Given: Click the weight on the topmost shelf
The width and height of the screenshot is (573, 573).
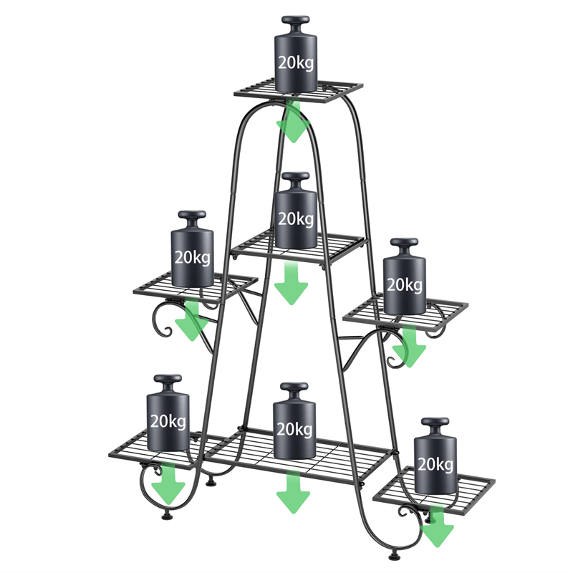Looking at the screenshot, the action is pos(296,54).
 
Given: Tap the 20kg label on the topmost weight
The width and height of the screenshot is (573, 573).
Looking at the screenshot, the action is pos(296,63).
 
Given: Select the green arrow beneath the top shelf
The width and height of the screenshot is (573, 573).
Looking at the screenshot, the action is pos(293,122).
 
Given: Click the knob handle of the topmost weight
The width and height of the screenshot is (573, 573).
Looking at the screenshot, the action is pos(296,24).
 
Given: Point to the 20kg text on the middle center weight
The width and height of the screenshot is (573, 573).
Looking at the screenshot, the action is pos(296,219).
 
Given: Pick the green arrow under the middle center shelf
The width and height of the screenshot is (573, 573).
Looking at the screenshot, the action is pos(292,283).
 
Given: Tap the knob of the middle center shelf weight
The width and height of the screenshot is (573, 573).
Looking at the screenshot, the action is pos(296,181).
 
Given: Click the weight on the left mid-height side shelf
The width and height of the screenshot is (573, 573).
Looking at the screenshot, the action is pos(192,249).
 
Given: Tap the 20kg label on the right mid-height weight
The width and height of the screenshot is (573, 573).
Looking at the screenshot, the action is pos(405,284).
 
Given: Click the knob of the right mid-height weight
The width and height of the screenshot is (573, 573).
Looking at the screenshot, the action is pos(404,247).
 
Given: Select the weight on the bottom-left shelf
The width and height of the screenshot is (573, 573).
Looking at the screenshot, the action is pos(168,413).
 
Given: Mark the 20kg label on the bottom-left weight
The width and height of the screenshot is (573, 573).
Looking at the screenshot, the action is pos(168,421).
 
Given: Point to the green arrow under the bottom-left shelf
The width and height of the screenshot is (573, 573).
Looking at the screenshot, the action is pos(168,483).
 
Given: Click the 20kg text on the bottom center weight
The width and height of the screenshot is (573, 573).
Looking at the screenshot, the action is pos(294,429).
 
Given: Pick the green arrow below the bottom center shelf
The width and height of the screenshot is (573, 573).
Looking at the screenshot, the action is pos(293,492).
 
